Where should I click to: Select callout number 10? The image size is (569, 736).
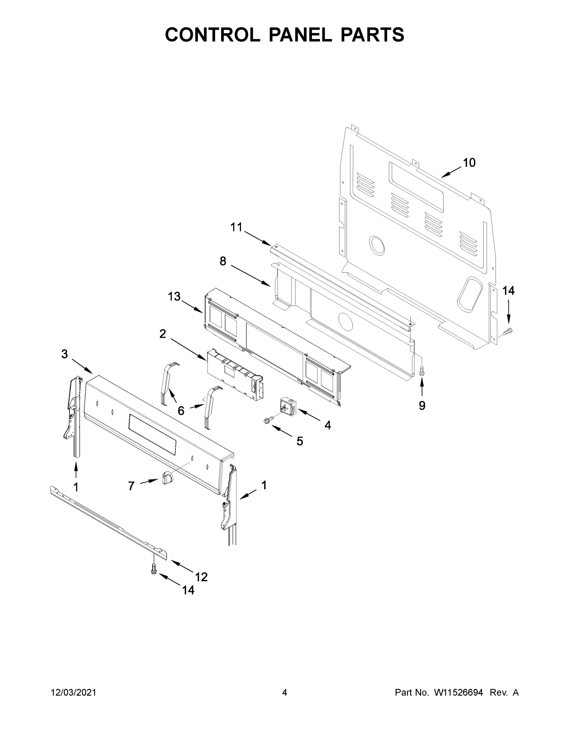pyautogui.click(x=469, y=163)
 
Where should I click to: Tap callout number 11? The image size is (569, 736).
pyautogui.click(x=236, y=228)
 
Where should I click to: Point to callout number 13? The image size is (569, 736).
pyautogui.click(x=174, y=297)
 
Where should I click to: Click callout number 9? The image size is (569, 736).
pyautogui.click(x=422, y=405)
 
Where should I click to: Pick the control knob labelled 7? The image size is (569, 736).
pyautogui.click(x=167, y=477)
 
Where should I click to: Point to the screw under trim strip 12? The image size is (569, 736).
pyautogui.click(x=154, y=569)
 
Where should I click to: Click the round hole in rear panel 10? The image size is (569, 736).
pyautogui.click(x=377, y=245)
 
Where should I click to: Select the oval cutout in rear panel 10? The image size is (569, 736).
pyautogui.click(x=469, y=293)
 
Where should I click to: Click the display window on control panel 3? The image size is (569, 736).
pyautogui.click(x=152, y=434)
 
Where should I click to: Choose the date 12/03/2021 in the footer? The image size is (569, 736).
pyautogui.click(x=74, y=692)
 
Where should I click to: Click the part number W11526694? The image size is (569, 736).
pyautogui.click(x=459, y=692)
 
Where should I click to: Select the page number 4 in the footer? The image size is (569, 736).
pyautogui.click(x=285, y=692)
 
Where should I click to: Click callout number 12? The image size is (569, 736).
pyautogui.click(x=201, y=577)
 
